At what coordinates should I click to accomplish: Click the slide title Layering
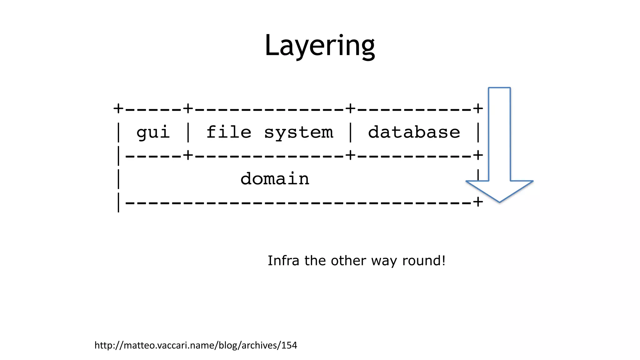point(319,46)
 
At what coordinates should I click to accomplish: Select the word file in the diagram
point(229,132)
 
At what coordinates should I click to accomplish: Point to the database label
point(414,132)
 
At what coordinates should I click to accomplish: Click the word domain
point(275,179)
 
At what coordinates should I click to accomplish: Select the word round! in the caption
point(424,261)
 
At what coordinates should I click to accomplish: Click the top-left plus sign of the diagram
point(118,109)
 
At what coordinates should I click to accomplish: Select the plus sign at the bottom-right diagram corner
point(478,202)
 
